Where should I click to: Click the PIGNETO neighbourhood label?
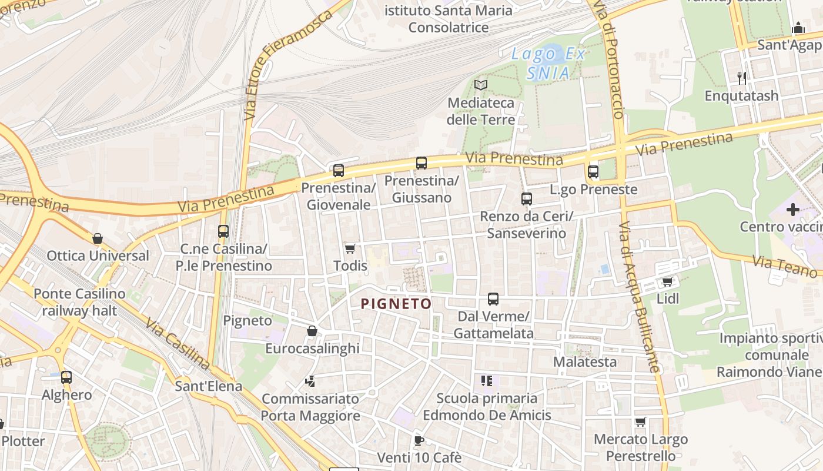pos(396,304)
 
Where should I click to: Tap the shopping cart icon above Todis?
pos(350,248)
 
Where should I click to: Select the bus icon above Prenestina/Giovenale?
pos(339,171)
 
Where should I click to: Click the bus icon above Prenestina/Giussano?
pos(421,163)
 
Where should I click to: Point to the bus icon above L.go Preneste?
pos(593,172)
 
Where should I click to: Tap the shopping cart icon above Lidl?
pos(667,281)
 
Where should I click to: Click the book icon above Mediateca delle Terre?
pos(481,85)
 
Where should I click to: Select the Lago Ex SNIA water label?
pos(548,64)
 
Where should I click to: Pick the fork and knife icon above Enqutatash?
pos(742,78)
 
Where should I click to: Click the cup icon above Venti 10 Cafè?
pos(419,440)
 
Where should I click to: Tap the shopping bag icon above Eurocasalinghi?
pos(312,331)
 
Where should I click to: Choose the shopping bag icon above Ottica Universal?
pos(98,238)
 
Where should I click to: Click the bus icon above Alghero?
pos(66,377)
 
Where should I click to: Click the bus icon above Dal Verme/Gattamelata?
pos(493,299)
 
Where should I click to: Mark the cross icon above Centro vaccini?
pos(793,209)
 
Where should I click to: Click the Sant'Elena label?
pos(209,386)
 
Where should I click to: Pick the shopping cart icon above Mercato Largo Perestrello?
pos(641,422)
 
